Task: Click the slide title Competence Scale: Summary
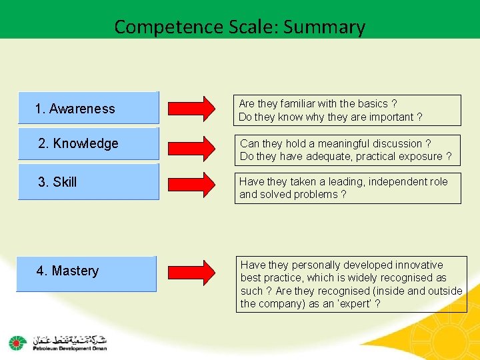[x=239, y=27]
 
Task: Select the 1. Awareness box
[x=88, y=108]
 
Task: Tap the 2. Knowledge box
[x=88, y=144]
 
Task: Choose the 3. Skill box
[x=88, y=182]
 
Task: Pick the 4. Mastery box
[x=87, y=273]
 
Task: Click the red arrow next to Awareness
[x=192, y=109]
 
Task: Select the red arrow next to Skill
[x=192, y=182]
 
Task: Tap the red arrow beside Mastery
[x=192, y=271]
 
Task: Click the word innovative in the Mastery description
[x=417, y=265]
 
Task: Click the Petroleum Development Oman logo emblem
[x=17, y=343]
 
